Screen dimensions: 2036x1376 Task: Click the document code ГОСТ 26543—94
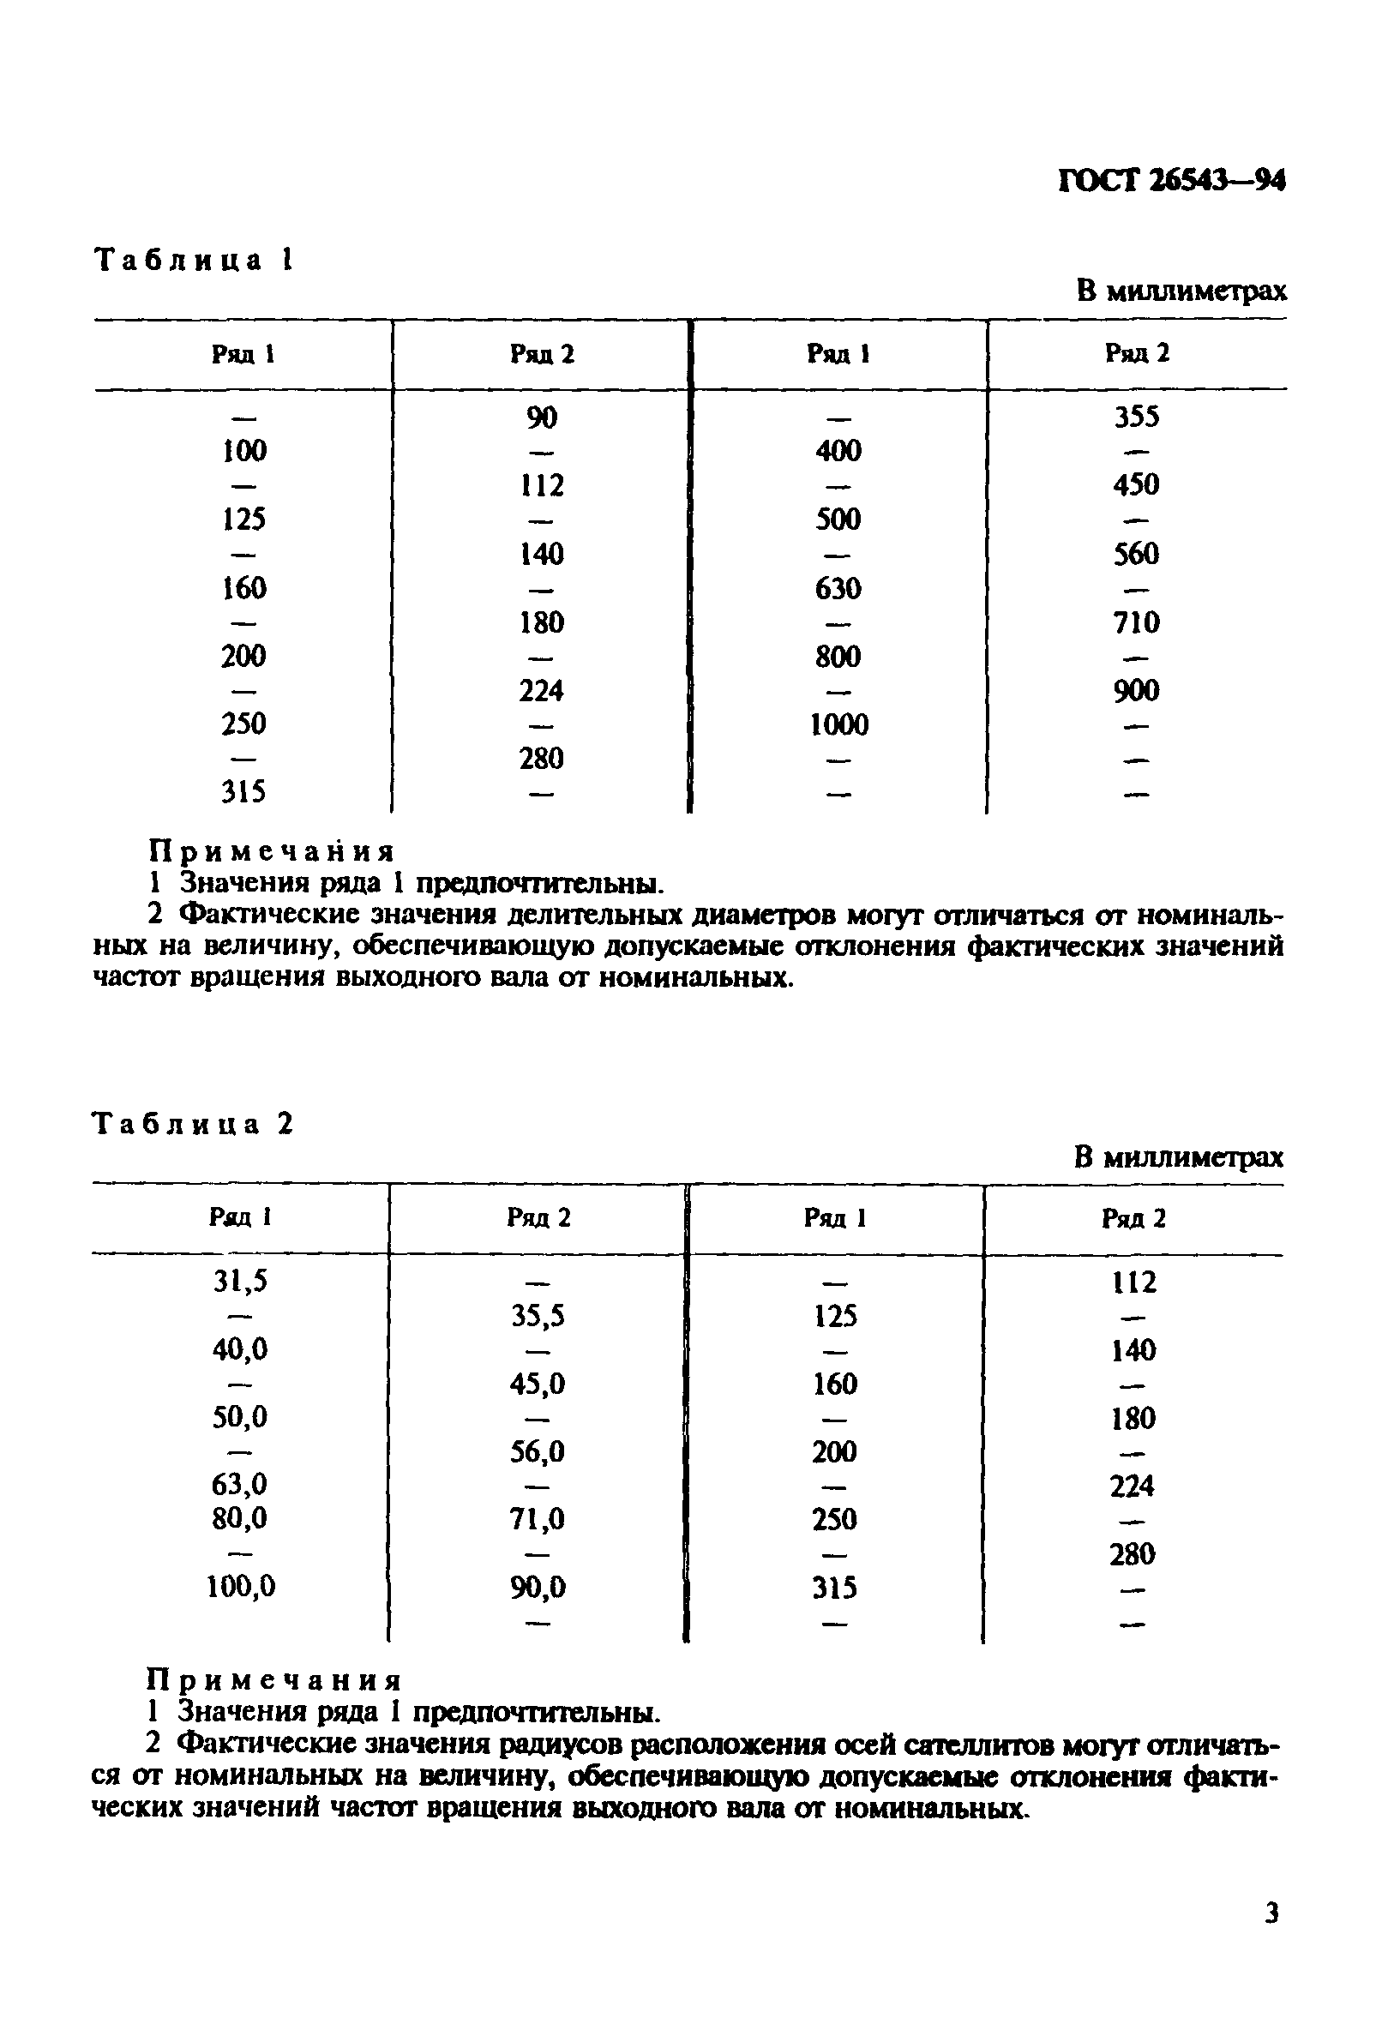[x=1171, y=181]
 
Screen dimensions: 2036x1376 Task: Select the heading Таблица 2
[x=193, y=1124]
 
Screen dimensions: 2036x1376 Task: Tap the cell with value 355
[x=1136, y=416]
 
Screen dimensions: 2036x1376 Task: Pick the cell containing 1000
[x=838, y=724]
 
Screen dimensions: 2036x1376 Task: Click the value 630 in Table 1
[x=838, y=588]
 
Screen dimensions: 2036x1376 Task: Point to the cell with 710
[x=1136, y=622]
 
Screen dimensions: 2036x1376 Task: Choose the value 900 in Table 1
[x=1136, y=691]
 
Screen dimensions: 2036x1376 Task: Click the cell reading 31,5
[x=241, y=1282]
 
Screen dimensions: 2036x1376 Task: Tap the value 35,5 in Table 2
[x=538, y=1316]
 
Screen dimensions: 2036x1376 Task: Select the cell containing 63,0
[x=240, y=1484]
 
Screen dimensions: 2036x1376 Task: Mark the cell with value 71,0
[x=538, y=1518]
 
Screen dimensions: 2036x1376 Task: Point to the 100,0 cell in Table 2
[x=241, y=1587]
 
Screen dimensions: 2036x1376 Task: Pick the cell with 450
[x=1136, y=484]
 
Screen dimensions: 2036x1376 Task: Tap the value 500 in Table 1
[x=838, y=519]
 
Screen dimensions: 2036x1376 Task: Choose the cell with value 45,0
[x=538, y=1384]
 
